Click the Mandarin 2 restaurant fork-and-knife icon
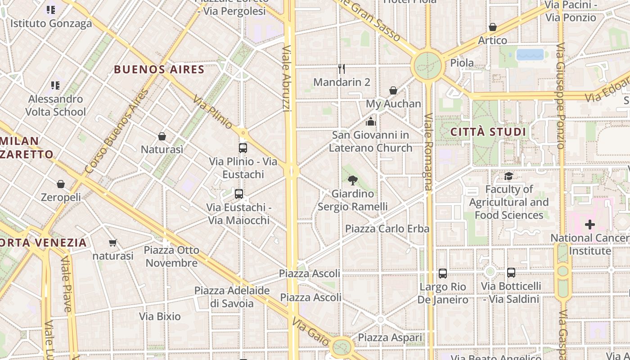click(x=342, y=69)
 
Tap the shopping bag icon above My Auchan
click(x=393, y=90)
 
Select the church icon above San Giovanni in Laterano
click(x=371, y=121)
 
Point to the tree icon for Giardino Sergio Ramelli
click(x=353, y=180)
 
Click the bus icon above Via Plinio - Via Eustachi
click(x=243, y=148)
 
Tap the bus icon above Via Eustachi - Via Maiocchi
click(x=239, y=194)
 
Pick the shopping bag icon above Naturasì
click(x=162, y=136)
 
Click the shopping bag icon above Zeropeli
click(x=61, y=184)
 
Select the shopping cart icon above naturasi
click(x=113, y=243)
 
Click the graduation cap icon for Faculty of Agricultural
click(x=509, y=176)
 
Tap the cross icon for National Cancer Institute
click(x=590, y=224)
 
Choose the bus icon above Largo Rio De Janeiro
click(x=443, y=273)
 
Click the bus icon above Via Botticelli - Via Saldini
click(x=511, y=272)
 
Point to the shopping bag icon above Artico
click(x=493, y=27)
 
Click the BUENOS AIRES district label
click(x=159, y=70)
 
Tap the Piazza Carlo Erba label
click(x=387, y=229)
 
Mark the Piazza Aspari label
click(x=390, y=337)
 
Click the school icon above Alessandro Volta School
click(x=55, y=85)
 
